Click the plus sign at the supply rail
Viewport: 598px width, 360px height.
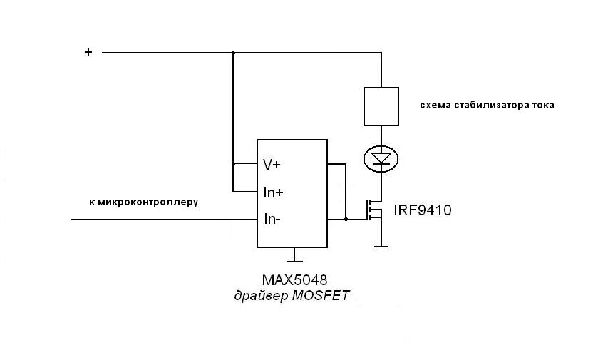88,51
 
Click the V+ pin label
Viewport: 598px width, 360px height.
272,164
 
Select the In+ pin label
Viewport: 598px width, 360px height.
273,192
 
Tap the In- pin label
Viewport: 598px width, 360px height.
272,219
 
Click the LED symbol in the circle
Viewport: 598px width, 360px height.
382,158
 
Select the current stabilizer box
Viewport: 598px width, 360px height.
381,106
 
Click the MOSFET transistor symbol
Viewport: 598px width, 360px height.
375,212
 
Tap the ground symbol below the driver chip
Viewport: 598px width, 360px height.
292,256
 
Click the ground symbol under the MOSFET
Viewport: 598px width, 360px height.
382,246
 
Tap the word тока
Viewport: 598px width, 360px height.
542,105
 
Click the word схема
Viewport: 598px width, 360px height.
435,105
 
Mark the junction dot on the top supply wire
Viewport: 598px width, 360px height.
233,53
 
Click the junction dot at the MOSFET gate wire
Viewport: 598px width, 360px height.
346,220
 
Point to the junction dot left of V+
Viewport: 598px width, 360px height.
233,163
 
